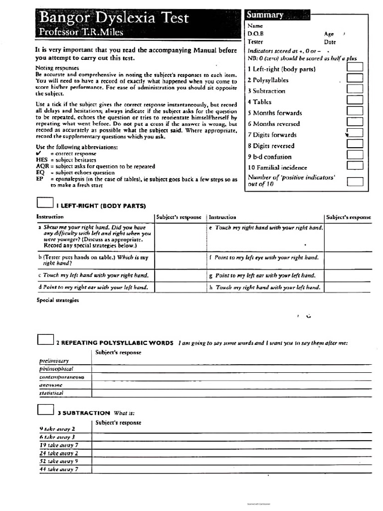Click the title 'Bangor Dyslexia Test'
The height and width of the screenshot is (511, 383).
pyautogui.click(x=114, y=18)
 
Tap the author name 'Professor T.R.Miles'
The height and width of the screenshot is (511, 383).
pyautogui.click(x=81, y=32)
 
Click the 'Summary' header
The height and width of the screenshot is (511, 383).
pyautogui.click(x=265, y=15)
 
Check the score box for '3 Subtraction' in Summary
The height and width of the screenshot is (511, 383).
pyautogui.click(x=355, y=89)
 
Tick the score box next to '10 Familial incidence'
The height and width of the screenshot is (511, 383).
pyautogui.click(x=355, y=166)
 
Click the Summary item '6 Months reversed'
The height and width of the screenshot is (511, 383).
pyautogui.click(x=274, y=124)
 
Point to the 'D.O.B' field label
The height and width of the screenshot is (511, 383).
pyautogui.click(x=255, y=34)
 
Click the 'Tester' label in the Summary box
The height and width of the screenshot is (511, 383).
pyautogui.click(x=255, y=42)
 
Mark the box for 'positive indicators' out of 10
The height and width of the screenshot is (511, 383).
pyautogui.click(x=355, y=181)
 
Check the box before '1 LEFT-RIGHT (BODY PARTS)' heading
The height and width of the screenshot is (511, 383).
pyautogui.click(x=45, y=202)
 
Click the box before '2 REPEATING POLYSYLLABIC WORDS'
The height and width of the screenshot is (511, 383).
pyautogui.click(x=45, y=339)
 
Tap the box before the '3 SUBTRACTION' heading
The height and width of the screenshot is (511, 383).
pyautogui.click(x=45, y=409)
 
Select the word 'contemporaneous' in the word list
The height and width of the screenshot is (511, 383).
pyautogui.click(x=62, y=377)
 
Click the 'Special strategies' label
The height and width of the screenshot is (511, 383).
pyautogui.click(x=58, y=300)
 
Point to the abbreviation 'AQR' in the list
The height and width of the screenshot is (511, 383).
pyautogui.click(x=42, y=166)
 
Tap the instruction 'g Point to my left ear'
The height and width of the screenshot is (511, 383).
pyautogui.click(x=265, y=275)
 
